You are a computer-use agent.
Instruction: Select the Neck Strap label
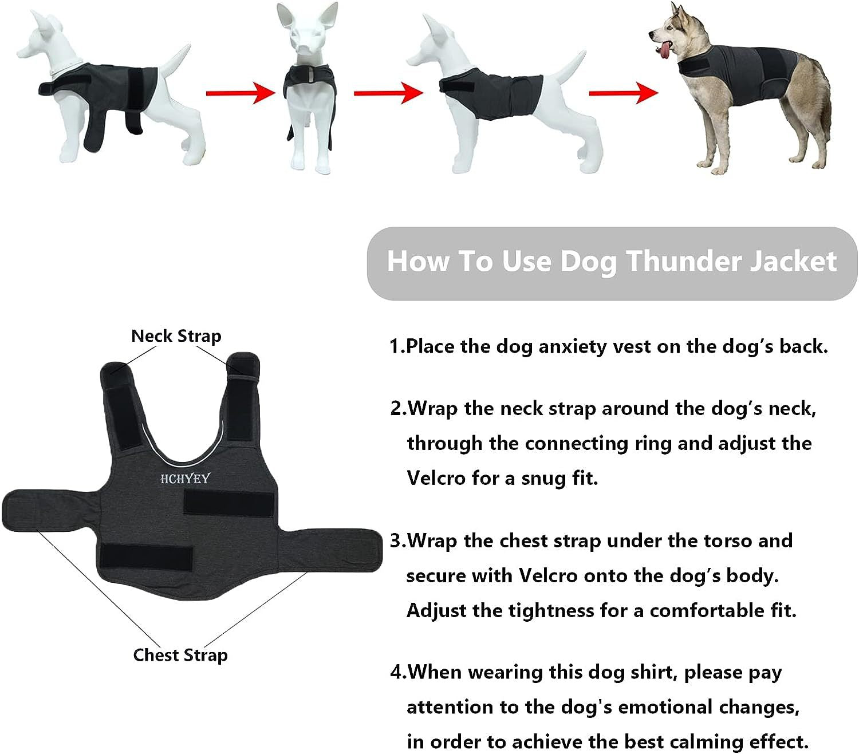click(176, 336)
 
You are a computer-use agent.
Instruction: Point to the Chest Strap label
click(180, 655)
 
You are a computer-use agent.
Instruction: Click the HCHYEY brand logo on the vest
click(185, 479)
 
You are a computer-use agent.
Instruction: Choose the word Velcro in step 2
click(436, 477)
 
